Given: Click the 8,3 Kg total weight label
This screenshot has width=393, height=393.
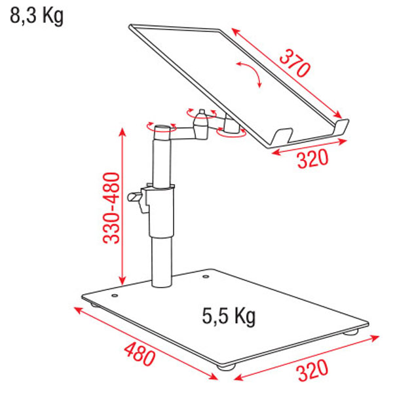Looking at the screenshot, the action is click(37, 16).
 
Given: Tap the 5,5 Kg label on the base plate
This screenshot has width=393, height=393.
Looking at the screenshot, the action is click(229, 316).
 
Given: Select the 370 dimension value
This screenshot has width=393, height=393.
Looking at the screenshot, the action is click(295, 63).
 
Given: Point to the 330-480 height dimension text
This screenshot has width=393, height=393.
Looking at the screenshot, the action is click(111, 208).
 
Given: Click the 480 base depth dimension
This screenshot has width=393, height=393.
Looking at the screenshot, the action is click(140, 354).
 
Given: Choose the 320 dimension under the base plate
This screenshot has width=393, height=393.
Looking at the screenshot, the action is click(312, 371).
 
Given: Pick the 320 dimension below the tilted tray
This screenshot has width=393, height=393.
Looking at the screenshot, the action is click(312, 158).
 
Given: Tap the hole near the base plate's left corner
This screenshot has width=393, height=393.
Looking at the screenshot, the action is click(115, 295).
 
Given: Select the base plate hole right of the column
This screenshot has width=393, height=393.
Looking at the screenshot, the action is click(206, 276).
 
